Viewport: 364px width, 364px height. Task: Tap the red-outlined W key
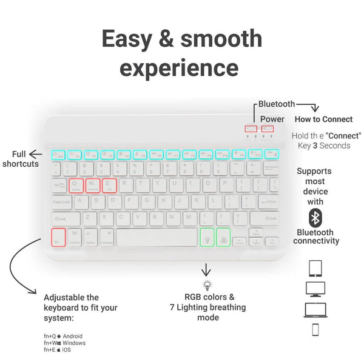[93, 185]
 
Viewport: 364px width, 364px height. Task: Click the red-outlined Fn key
[58, 237]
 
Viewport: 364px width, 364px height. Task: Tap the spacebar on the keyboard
[157, 237]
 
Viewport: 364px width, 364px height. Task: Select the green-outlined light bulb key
[207, 237]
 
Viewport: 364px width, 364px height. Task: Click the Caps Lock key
[62, 202]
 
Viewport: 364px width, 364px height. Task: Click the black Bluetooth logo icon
[315, 218]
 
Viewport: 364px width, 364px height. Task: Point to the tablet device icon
[315, 268]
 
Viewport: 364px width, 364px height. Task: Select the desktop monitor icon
[315, 289]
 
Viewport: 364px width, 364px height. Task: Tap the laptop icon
[315, 310]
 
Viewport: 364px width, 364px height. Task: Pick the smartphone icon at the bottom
[315, 330]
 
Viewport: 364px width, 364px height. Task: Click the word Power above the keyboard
[272, 119]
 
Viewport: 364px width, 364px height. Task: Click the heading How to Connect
[324, 119]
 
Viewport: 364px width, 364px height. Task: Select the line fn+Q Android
[63, 336]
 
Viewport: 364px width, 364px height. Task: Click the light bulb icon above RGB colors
[207, 285]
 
